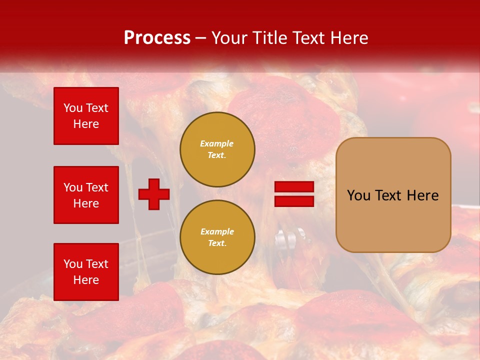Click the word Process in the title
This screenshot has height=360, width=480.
[x=157, y=38]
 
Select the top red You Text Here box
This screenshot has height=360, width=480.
[x=86, y=116]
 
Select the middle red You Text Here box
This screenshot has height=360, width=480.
[x=86, y=195]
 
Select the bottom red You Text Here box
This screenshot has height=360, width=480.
[x=86, y=272]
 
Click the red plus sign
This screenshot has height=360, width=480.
[x=154, y=194]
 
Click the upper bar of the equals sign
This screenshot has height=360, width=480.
[x=294, y=187]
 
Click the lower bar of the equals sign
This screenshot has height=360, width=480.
[x=294, y=201]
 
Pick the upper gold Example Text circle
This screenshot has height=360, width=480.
[x=217, y=149]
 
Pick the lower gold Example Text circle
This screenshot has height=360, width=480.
[x=217, y=237]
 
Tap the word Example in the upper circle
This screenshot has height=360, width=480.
[x=216, y=143]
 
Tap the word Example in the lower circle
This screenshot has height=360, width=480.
[x=217, y=231]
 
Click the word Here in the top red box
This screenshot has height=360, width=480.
[x=86, y=124]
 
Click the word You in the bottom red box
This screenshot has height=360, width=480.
[x=72, y=264]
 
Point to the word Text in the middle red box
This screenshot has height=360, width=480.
[x=97, y=187]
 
